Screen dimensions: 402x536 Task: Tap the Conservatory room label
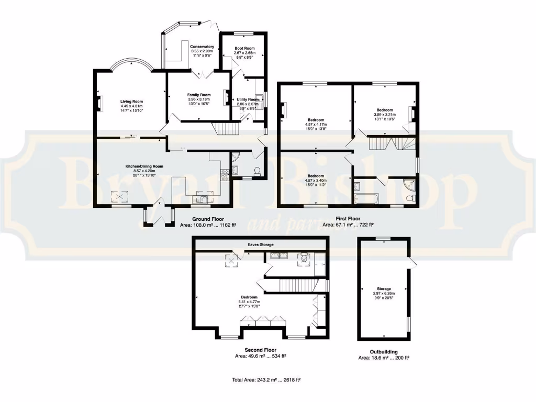202,47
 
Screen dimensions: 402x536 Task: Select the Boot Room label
244,49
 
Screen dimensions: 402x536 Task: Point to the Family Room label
198,95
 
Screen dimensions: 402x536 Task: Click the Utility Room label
248,99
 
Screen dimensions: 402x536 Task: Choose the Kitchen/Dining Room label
144,166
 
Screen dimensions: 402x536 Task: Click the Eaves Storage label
260,244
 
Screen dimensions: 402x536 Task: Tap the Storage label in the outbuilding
384,288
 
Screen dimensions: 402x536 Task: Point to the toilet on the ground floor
257,171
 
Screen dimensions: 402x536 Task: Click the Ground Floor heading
208,219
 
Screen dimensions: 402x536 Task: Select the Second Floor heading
260,350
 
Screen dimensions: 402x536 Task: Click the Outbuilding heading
384,352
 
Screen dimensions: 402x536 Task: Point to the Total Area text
269,380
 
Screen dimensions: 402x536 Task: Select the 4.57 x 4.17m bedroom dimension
315,124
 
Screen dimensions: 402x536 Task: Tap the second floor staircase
298,285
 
